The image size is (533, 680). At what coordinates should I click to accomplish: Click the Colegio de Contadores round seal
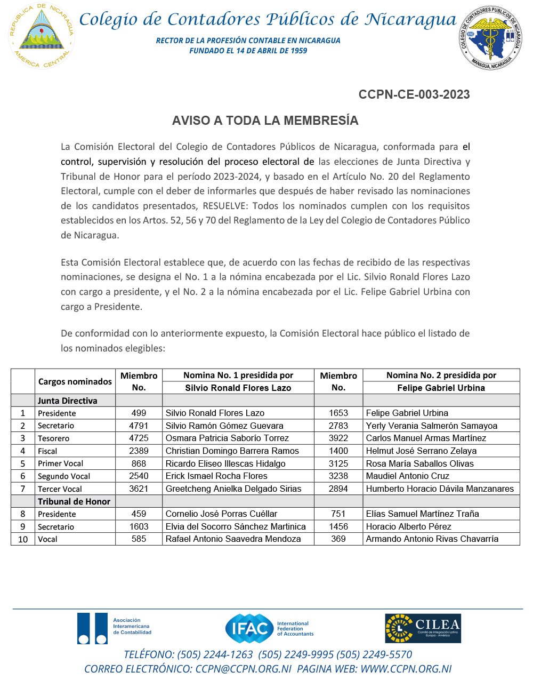491,37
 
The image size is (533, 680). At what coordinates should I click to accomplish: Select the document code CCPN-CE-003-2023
414,95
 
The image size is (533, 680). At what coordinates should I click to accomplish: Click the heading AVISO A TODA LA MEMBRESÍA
265,121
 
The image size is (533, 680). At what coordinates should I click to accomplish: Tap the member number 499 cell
139,413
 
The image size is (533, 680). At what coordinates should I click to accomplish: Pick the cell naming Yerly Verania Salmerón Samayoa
431,426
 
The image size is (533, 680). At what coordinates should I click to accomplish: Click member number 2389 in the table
139,451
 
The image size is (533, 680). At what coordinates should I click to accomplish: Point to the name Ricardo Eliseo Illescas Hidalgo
225,463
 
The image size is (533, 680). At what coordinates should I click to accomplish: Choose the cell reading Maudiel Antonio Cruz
407,476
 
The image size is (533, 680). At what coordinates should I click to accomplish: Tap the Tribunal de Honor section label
74,501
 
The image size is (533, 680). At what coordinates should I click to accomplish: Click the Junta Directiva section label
67,401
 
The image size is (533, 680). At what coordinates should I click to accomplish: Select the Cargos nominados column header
75,382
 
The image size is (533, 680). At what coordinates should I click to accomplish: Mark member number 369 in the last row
338,539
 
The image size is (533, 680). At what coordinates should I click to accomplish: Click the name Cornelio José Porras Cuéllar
221,514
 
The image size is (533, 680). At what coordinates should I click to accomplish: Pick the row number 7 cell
23,489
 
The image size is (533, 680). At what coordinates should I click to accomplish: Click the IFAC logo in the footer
269,628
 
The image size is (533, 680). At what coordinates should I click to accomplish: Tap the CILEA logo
423,628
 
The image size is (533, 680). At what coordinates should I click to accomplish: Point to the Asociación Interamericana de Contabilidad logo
114,628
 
